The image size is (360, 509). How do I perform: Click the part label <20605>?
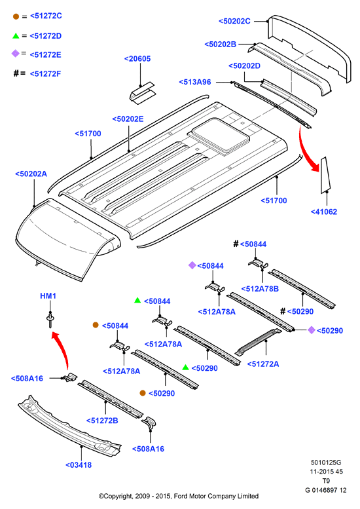click(x=137, y=59)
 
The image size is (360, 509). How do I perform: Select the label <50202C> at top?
click(x=234, y=21)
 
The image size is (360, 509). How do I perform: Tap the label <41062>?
click(x=324, y=212)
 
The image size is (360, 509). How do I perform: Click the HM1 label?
click(x=48, y=295)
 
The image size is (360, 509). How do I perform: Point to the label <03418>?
click(x=79, y=465)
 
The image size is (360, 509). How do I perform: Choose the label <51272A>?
click(x=263, y=364)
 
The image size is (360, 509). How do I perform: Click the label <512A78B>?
click(x=260, y=289)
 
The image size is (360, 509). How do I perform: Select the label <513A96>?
click(x=195, y=82)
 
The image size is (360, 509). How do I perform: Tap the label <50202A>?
click(x=31, y=174)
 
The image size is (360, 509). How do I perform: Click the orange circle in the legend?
click(x=16, y=16)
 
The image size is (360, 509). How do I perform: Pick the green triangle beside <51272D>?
click(x=16, y=36)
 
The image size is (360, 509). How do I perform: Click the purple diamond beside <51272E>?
click(x=15, y=53)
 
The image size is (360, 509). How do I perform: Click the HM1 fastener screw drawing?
click(x=50, y=320)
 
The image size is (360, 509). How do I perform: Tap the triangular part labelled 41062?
click(x=325, y=176)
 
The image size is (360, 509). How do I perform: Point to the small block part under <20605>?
click(x=143, y=93)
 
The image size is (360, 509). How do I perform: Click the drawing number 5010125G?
click(x=326, y=462)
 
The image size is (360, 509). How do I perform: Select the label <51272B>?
click(x=102, y=421)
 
